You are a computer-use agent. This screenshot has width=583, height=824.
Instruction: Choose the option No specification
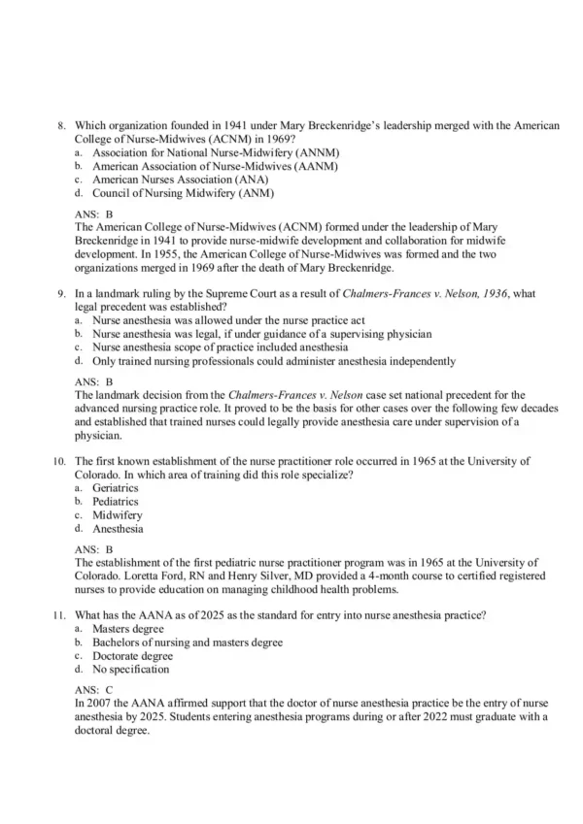(130, 669)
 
